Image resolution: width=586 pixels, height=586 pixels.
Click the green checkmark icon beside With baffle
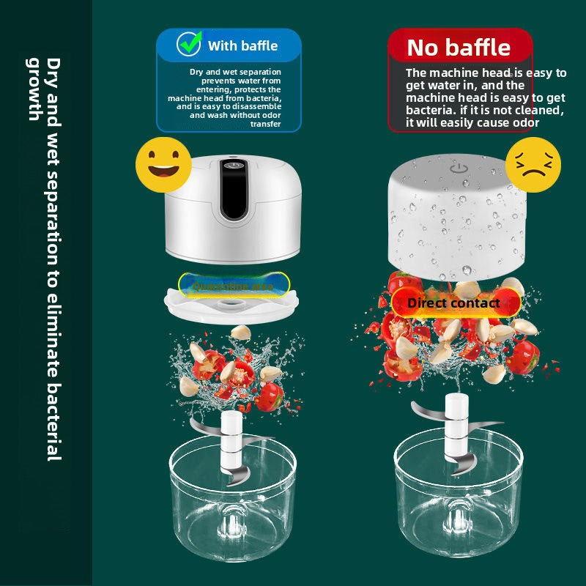click(189, 45)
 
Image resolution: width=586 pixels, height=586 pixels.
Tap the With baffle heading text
click(242, 45)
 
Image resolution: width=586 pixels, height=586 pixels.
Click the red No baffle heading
click(459, 48)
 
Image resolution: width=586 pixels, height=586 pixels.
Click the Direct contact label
click(453, 303)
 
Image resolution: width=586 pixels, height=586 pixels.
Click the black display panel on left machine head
click(234, 189)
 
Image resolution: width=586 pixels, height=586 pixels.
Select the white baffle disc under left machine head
click(233, 303)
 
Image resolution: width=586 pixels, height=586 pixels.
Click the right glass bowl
click(459, 498)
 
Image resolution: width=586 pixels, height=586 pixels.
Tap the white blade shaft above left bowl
click(232, 439)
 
